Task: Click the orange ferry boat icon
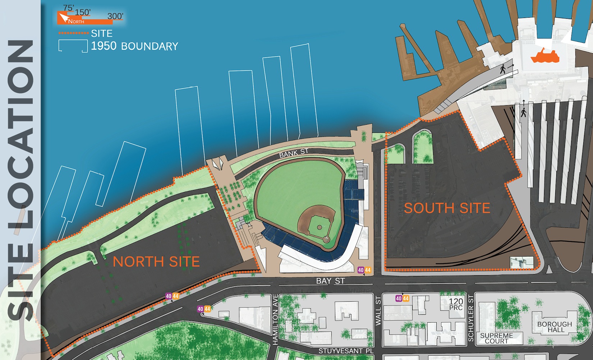pos(545,56)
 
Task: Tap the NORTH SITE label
pos(156,262)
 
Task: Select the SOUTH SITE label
pos(447,208)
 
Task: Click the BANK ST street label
pos(294,153)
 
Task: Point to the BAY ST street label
pos(330,281)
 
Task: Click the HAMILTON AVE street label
pos(275,320)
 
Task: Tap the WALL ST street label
pos(378,311)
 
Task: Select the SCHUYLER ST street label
pos(471,318)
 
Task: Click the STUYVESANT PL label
pos(346,351)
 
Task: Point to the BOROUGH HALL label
pos(555,327)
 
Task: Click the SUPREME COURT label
pos(496,338)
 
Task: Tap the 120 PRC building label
pos(456,304)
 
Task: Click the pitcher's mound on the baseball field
pos(320,227)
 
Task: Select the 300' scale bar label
pos(115,16)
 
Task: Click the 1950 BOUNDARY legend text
pos(134,46)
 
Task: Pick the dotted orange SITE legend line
pos(73,33)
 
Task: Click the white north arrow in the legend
pos(64,18)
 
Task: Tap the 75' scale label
pos(68,8)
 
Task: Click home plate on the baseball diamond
pos(326,239)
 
